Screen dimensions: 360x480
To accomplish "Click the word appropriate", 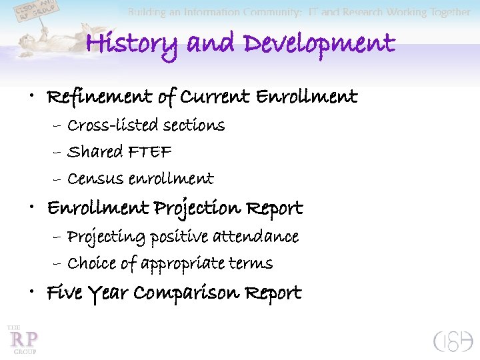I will click(x=179, y=264).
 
